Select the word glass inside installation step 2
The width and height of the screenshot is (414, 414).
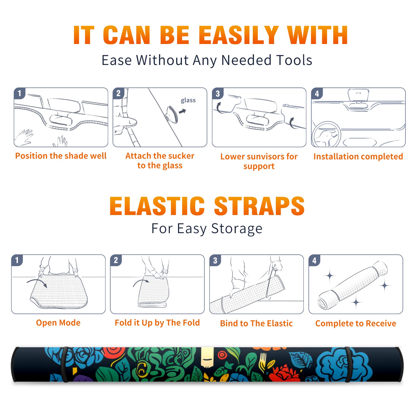point(188,100)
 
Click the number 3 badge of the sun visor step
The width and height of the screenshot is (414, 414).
point(218,93)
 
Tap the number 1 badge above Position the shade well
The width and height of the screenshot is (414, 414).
point(19,93)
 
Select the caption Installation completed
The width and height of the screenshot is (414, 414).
point(358,157)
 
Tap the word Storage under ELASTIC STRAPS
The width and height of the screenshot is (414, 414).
point(237,229)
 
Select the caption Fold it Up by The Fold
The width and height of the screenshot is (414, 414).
point(157,323)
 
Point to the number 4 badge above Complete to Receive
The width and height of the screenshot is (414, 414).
point(314,260)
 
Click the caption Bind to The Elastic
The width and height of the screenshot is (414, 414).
point(256,323)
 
